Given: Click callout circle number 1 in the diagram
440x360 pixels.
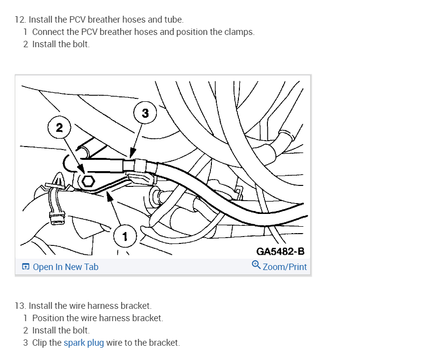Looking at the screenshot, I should pyautogui.click(x=125, y=237).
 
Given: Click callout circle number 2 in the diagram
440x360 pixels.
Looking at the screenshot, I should pyautogui.click(x=59, y=128).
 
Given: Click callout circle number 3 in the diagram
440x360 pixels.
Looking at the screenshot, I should pyautogui.click(x=145, y=113).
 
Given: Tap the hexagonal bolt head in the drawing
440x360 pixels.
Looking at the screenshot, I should pyautogui.click(x=88, y=180).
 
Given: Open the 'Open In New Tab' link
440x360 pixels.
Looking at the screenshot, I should pyautogui.click(x=65, y=267).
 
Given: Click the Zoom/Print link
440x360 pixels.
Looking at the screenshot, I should pyautogui.click(x=285, y=267).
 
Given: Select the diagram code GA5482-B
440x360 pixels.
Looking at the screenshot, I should pyautogui.click(x=280, y=251).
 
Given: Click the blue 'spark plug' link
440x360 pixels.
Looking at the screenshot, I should pyautogui.click(x=84, y=343).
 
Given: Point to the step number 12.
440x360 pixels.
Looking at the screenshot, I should pyautogui.click(x=20, y=20).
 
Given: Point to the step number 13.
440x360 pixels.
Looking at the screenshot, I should pyautogui.click(x=20, y=306).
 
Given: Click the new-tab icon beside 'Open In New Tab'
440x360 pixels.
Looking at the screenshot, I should pyautogui.click(x=26, y=267).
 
